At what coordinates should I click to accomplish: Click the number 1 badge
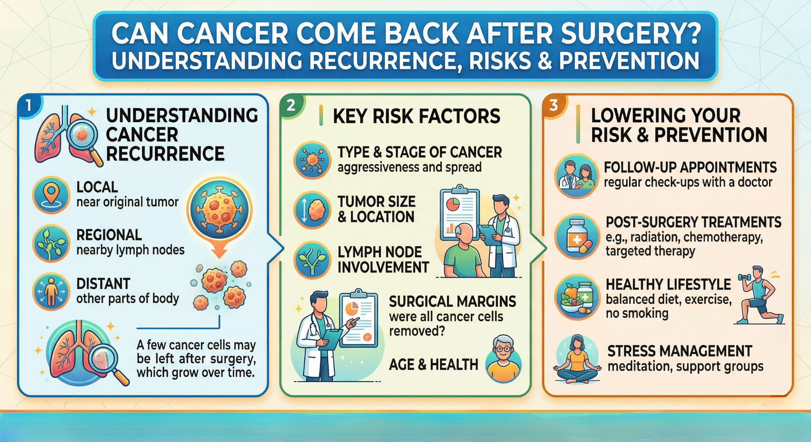[28, 105]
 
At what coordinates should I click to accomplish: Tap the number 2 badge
[291, 105]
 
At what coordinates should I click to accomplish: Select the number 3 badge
[554, 105]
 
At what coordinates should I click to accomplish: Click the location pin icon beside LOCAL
[51, 195]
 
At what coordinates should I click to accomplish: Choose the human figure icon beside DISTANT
[51, 292]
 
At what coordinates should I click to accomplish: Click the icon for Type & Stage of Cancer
[312, 160]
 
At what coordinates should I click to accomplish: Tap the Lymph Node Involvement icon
[312, 260]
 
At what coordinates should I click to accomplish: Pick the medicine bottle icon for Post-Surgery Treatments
[577, 237]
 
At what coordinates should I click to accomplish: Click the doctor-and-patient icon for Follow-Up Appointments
[577, 176]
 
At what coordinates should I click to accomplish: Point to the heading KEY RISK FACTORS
[417, 116]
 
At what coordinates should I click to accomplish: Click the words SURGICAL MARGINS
[452, 302]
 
